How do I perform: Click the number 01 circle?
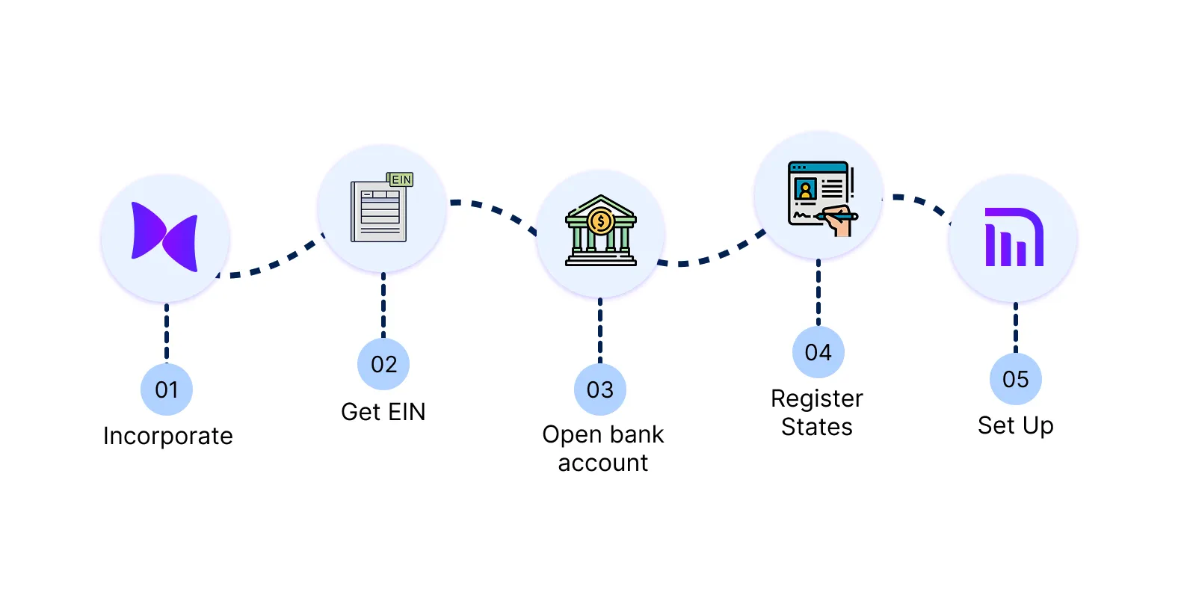pyautogui.click(x=167, y=389)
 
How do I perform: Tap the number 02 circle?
pyautogui.click(x=383, y=364)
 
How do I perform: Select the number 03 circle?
pyautogui.click(x=599, y=389)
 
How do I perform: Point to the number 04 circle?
pyautogui.click(x=818, y=352)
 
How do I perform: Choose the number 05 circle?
pyautogui.click(x=1015, y=379)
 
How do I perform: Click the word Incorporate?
pyautogui.click(x=168, y=436)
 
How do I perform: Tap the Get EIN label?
pyautogui.click(x=383, y=412)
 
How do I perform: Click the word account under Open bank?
pyautogui.click(x=603, y=463)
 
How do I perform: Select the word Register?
pyautogui.click(x=817, y=398)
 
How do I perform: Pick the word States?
pyautogui.click(x=817, y=427)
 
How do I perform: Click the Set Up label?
pyautogui.click(x=1015, y=425)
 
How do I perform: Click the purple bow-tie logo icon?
pyautogui.click(x=164, y=236)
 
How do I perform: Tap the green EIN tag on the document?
pyautogui.click(x=401, y=179)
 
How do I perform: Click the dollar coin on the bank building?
pyautogui.click(x=600, y=221)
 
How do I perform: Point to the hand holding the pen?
pyautogui.click(x=840, y=221)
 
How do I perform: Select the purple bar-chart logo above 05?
pyautogui.click(x=1014, y=237)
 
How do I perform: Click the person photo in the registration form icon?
pyautogui.click(x=805, y=188)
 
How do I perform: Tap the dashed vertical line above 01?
pyautogui.click(x=167, y=333)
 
